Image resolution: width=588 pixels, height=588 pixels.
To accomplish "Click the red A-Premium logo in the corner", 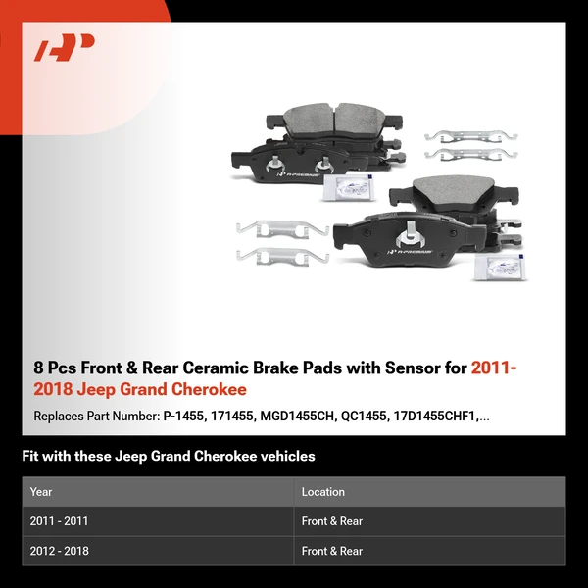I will [x=64, y=47].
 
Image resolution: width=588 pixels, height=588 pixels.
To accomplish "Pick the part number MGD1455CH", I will [x=296, y=416].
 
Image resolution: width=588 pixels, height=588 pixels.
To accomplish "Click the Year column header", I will [x=41, y=492].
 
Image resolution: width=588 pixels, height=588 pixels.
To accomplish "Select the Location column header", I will [x=323, y=492].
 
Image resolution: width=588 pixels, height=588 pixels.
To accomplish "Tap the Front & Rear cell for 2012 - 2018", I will [x=332, y=551].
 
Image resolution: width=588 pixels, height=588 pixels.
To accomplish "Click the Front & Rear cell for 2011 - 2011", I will [x=332, y=521].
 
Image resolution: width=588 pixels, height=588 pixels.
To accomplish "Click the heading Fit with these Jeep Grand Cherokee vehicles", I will [x=168, y=457].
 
